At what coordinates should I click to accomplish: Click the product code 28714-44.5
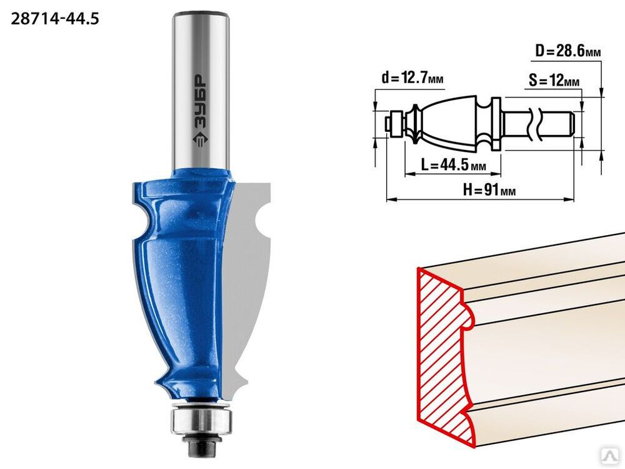click(54, 19)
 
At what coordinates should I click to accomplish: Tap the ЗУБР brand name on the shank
click(201, 101)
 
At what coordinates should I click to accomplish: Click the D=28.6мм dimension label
click(568, 51)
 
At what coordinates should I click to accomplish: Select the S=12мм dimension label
click(554, 81)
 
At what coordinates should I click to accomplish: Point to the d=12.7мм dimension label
click(412, 78)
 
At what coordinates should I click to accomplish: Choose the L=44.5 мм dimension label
click(453, 164)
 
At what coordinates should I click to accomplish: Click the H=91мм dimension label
click(489, 190)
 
